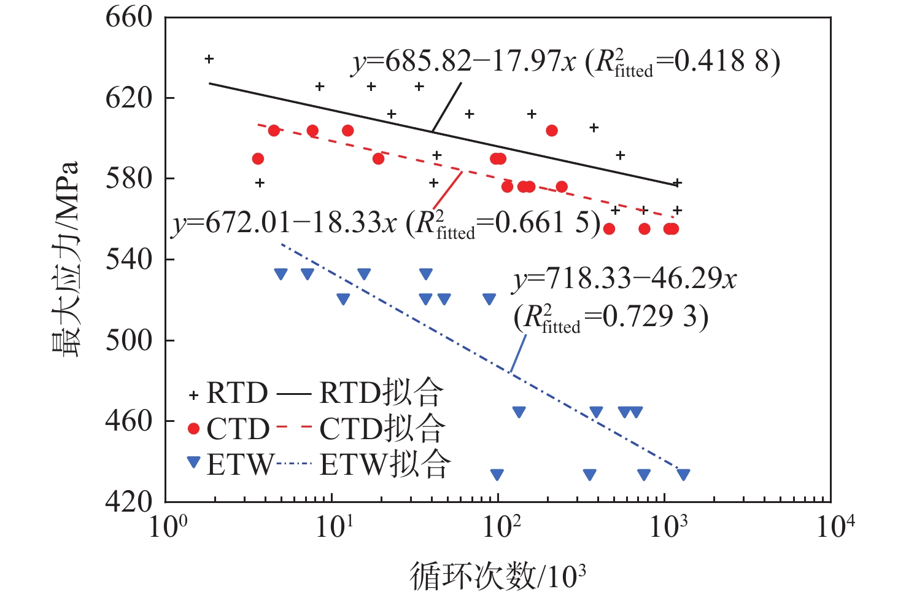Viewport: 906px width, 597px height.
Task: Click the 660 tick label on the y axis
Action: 129,17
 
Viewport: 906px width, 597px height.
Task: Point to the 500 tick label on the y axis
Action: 129,340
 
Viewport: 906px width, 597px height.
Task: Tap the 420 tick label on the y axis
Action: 129,502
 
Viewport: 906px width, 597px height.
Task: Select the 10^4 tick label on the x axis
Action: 835,526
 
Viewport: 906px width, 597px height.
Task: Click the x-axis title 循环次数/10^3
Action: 497,576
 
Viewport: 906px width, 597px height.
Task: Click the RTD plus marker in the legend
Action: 194,396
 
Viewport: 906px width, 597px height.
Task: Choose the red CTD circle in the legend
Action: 194,429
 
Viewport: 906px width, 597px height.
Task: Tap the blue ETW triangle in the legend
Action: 194,462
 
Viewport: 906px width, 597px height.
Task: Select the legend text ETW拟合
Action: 385,464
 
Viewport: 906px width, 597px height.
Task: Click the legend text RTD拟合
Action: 381,393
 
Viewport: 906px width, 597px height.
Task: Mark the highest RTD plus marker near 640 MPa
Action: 209,59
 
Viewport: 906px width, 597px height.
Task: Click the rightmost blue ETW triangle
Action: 683,474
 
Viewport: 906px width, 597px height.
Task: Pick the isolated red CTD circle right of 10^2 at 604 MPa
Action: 552,130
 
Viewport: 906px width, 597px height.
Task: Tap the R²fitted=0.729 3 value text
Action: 611,318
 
